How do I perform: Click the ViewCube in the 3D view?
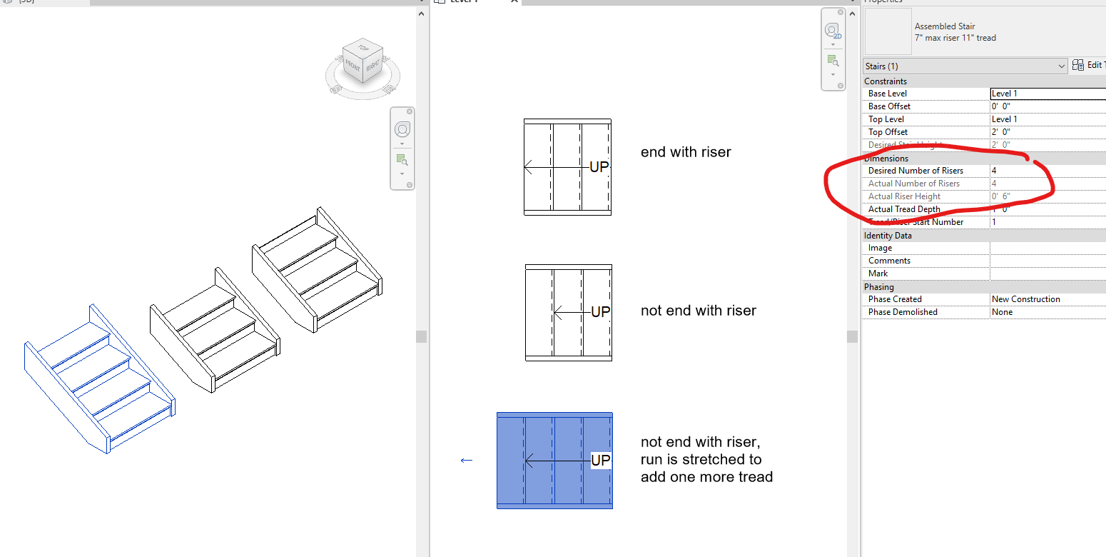pos(362,61)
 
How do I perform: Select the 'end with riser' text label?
pos(685,152)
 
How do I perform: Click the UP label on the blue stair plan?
pos(601,461)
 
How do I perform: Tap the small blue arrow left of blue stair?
pos(467,461)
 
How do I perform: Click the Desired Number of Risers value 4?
pos(994,171)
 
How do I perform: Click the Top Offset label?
pos(888,132)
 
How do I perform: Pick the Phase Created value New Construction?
pos(1025,299)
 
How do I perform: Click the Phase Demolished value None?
pos(1002,312)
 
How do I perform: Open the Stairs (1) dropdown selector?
pos(965,66)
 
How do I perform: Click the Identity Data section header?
pos(888,235)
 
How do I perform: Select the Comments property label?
pos(889,261)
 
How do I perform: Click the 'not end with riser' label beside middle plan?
pos(698,311)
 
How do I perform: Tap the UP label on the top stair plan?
pos(599,167)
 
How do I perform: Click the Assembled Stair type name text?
pos(944,26)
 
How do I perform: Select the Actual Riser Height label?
pos(904,196)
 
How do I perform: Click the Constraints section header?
pos(886,81)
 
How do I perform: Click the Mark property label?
pos(878,274)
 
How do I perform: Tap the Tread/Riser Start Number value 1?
pos(994,222)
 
